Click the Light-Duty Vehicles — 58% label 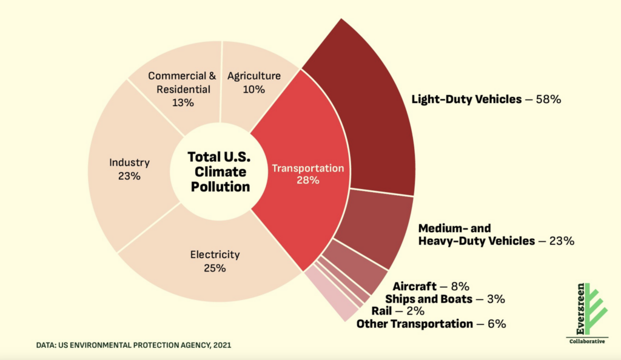[486, 99]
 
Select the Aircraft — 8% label [431, 286]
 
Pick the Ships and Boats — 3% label [445, 299]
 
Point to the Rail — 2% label [398, 311]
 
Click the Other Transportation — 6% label [431, 324]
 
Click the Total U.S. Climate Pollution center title [220, 172]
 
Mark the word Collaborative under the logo [587, 341]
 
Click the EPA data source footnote [133, 345]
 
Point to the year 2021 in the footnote [222, 345]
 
